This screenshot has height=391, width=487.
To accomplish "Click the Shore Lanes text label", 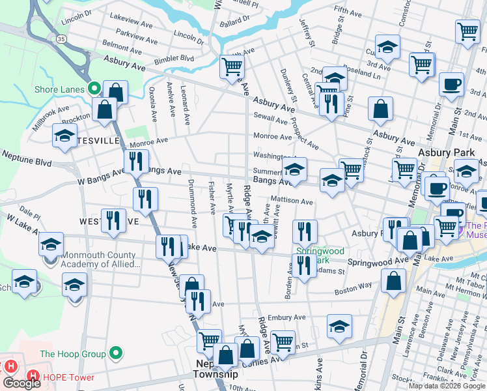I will click(x=60, y=88).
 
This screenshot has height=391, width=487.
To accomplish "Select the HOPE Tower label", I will click(x=68, y=377).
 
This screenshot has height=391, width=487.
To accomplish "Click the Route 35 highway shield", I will click(x=61, y=40).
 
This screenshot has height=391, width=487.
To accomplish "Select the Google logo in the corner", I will click(x=21, y=383).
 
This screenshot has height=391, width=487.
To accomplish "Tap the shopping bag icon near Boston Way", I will click(x=394, y=282).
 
